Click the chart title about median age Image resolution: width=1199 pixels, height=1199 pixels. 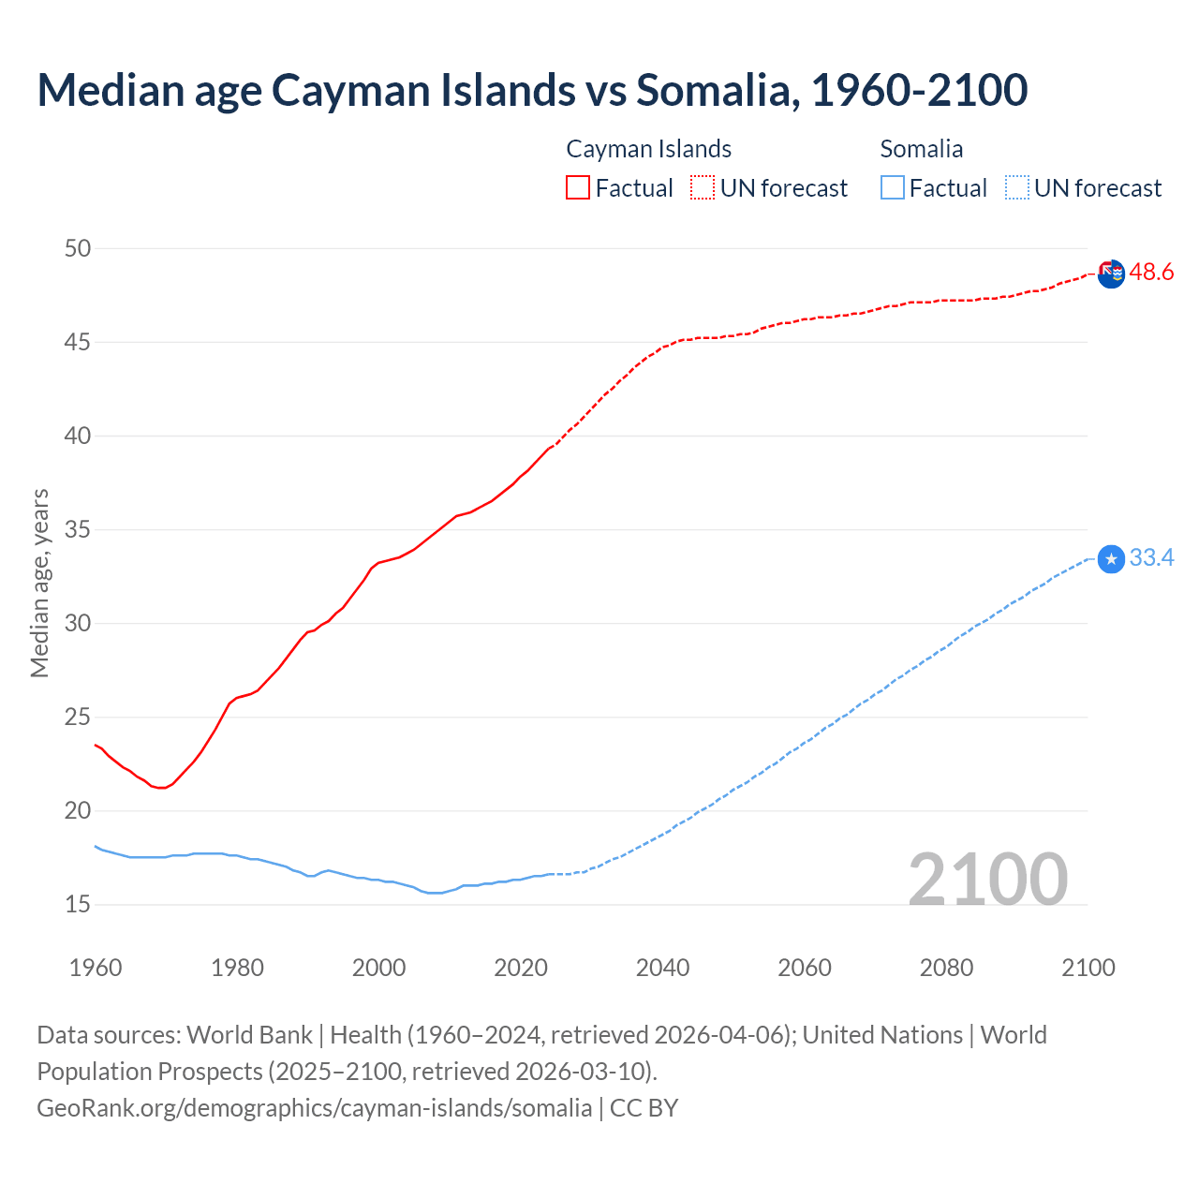click(532, 90)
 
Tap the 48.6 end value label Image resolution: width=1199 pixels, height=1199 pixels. click(1151, 273)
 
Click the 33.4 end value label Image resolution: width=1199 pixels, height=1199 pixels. click(1151, 558)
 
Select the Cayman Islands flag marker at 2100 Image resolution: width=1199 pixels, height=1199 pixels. click(1111, 274)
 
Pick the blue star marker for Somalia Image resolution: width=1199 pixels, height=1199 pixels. click(1111, 559)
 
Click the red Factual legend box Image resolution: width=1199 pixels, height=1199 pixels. click(578, 187)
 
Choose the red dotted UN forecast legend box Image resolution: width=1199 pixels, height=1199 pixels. click(703, 187)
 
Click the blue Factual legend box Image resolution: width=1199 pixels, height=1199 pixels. click(893, 187)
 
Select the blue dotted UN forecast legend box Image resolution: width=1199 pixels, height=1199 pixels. click(1016, 187)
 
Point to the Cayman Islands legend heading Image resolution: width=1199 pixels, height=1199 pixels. click(648, 149)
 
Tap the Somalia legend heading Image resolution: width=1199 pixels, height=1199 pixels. click(921, 149)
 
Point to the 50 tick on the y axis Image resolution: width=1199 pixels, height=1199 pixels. click(78, 248)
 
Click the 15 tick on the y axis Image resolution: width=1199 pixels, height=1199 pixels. click(78, 904)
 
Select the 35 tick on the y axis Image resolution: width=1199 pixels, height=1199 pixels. click(78, 529)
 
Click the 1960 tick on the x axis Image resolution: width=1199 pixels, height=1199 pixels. click(96, 968)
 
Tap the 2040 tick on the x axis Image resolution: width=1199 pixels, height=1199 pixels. click(662, 968)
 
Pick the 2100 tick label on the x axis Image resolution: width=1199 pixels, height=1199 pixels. click(1088, 968)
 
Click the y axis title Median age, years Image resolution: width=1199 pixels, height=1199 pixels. click(39, 583)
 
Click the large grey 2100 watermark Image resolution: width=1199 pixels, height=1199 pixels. click(987, 879)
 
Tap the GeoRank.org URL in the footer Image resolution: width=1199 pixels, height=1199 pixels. click(314, 1108)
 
